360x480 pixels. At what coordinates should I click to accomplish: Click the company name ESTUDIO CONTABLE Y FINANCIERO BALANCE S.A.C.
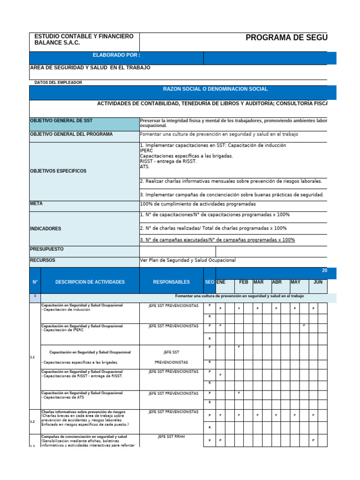[x=84, y=39]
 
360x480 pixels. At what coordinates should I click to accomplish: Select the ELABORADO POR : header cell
[x=116, y=55]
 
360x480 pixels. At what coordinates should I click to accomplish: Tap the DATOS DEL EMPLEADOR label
[x=58, y=82]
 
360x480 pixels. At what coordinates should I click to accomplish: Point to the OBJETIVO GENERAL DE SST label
[x=61, y=121]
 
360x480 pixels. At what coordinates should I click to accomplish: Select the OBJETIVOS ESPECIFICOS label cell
[x=58, y=171]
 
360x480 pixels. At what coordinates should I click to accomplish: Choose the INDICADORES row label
[x=45, y=229]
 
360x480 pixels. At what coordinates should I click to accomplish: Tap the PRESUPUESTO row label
[x=47, y=249]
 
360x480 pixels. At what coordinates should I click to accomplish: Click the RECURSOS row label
[x=43, y=260]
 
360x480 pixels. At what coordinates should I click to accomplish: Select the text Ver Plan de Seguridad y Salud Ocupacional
[x=187, y=260]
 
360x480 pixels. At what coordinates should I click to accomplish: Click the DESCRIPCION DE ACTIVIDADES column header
[x=90, y=282]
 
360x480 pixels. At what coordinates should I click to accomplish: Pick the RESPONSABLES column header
[x=171, y=282]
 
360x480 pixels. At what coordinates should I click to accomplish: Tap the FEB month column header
[x=243, y=282]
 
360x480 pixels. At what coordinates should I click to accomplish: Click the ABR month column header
[x=277, y=282]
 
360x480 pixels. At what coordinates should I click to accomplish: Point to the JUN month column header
[x=318, y=282]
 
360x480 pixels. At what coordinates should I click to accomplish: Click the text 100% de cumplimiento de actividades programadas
[x=198, y=204]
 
